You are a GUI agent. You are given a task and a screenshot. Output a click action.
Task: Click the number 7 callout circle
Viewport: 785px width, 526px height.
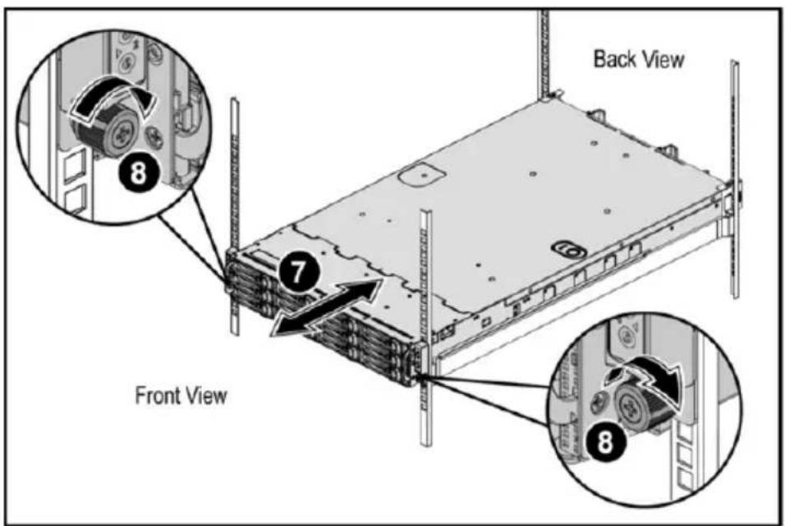click(x=297, y=271)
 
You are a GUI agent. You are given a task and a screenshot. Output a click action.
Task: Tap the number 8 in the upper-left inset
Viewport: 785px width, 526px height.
click(x=138, y=173)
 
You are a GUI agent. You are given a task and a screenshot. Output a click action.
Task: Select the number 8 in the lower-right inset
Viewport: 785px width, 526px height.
click(x=605, y=442)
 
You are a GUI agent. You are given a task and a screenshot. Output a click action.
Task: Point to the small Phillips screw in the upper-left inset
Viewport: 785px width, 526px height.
click(x=154, y=136)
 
